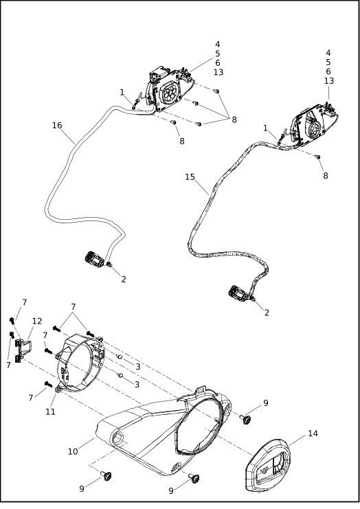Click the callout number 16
click(x=57, y=125)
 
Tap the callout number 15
click(x=190, y=177)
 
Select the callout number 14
click(x=313, y=433)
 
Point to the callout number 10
click(x=73, y=451)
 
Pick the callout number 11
click(x=50, y=411)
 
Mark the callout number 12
click(x=37, y=321)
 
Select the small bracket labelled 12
click(x=21, y=350)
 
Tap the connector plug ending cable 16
click(x=94, y=260)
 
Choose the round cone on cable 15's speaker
click(x=315, y=128)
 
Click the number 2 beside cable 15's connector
click(x=267, y=313)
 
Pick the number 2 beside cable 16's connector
click(x=124, y=279)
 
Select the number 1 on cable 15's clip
click(x=265, y=128)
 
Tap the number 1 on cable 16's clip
click(x=122, y=93)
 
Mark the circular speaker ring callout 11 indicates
click(x=80, y=364)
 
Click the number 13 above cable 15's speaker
click(x=329, y=80)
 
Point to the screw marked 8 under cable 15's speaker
click(x=318, y=157)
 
